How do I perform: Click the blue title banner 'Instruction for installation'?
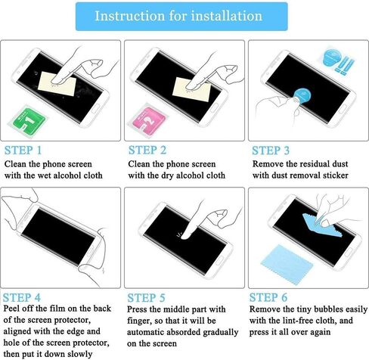(181, 17)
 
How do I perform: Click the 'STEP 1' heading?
(23, 151)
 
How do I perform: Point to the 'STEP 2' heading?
(147, 150)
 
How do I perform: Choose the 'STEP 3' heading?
(271, 151)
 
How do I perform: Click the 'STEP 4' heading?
(22, 297)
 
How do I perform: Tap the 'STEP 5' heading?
(146, 298)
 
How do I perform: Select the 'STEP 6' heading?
(268, 297)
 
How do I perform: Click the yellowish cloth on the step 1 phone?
(57, 84)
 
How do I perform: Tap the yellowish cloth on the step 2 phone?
(191, 89)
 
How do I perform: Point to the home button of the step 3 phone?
(342, 109)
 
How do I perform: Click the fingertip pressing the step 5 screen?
(185, 236)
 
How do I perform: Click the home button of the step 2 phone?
(214, 108)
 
